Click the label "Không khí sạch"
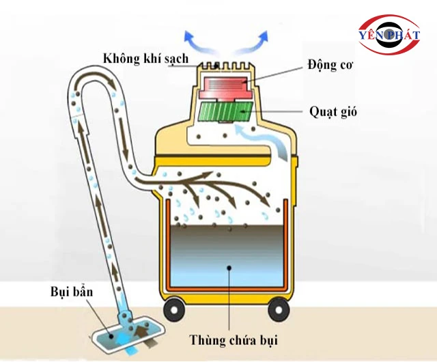pyautogui.click(x=145, y=57)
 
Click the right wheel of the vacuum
pyautogui.click(x=277, y=310)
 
